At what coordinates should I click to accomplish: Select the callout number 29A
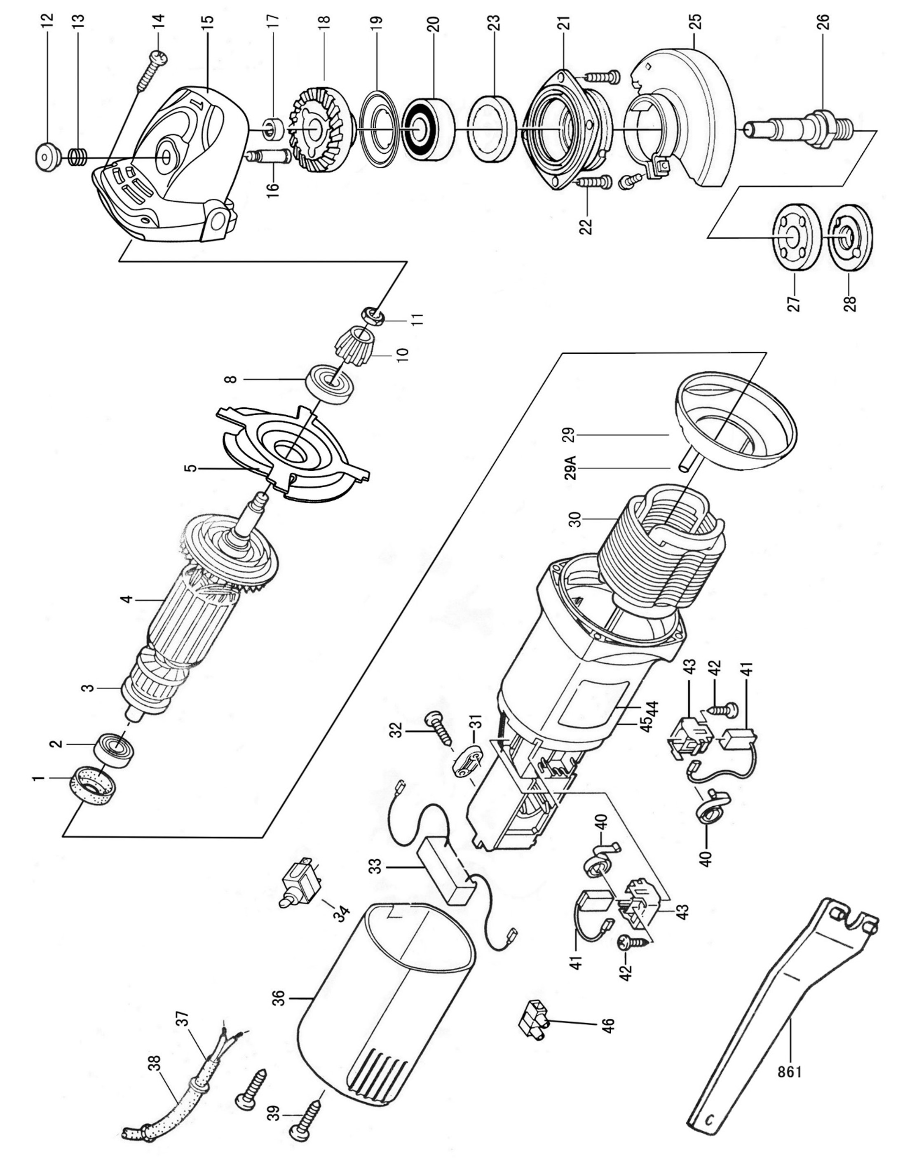click(570, 467)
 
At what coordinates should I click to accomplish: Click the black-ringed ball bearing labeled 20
click(428, 127)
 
